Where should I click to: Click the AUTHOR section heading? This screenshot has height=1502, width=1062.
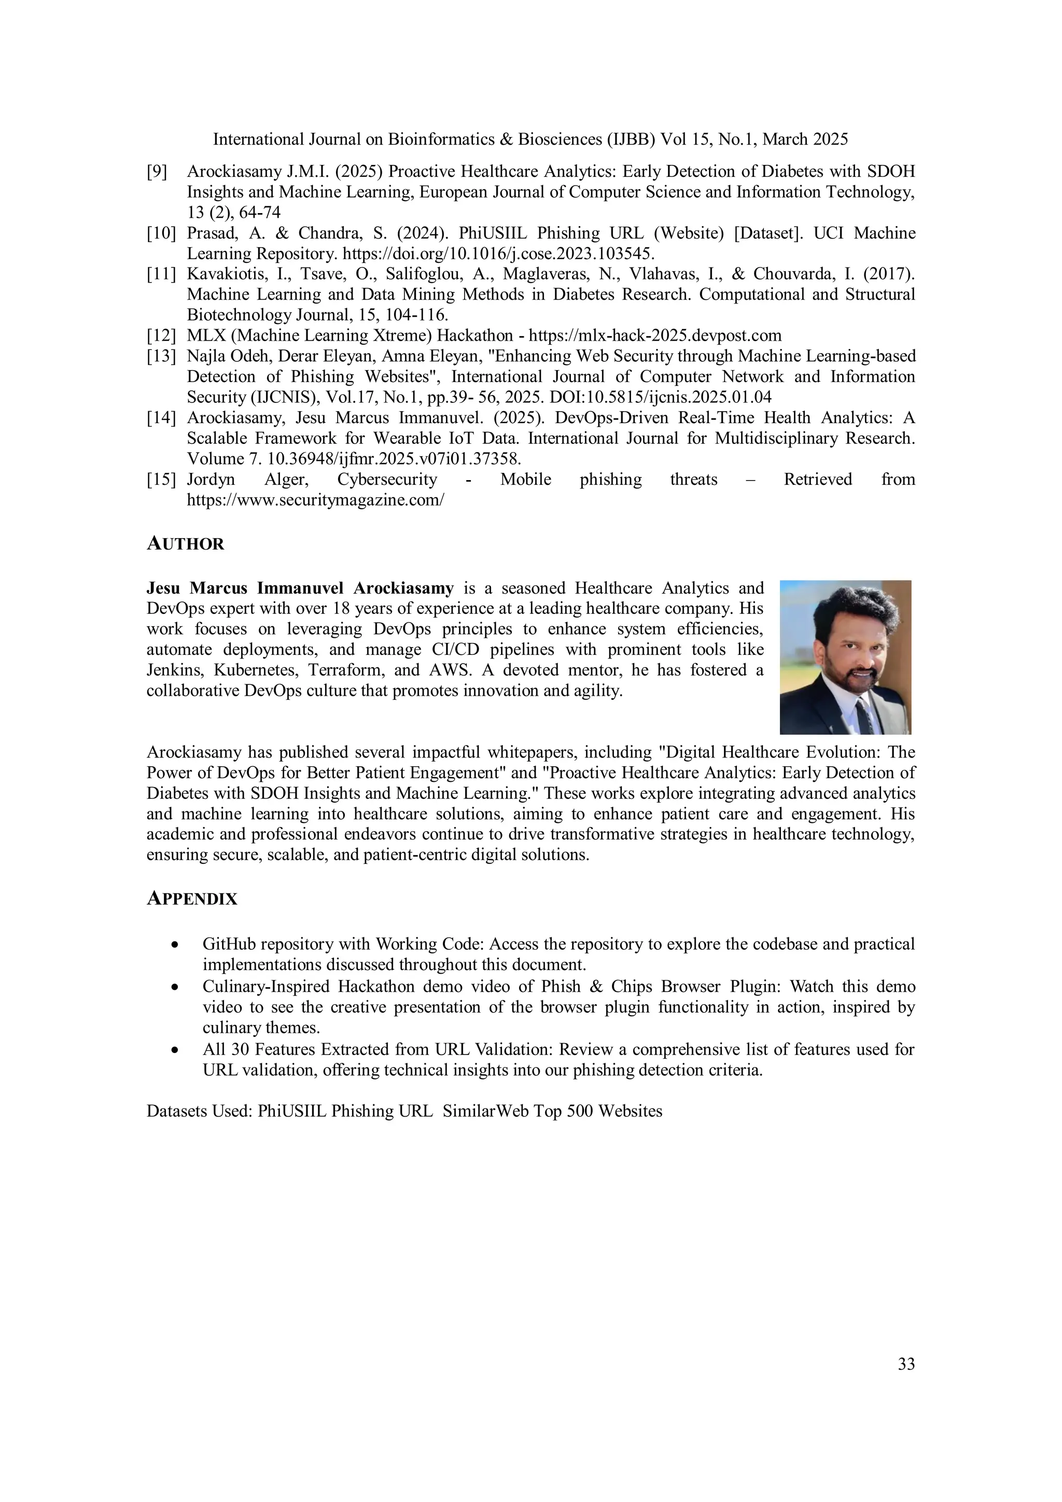185,544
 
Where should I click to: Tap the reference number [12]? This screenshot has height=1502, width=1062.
161,335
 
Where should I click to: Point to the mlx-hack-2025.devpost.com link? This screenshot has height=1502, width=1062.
654,335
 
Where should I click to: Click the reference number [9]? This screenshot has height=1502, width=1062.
157,172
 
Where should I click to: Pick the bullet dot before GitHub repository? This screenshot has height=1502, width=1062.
174,945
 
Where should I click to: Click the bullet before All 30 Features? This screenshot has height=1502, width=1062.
174,1050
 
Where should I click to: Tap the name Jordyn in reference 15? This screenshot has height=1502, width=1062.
211,480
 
